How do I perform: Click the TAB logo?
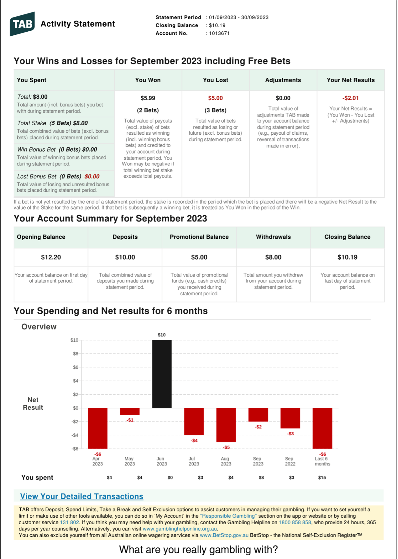click(22, 24)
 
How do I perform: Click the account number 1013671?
click(219, 33)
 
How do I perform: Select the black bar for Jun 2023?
click(162, 374)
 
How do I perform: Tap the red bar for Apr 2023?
click(98, 428)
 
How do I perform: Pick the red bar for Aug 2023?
click(226, 425)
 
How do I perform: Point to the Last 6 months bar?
click(322, 428)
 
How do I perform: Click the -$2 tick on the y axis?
click(75, 422)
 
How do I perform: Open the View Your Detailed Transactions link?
click(82, 496)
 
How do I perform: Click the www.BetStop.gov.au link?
click(224, 535)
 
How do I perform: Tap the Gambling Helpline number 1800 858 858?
click(295, 522)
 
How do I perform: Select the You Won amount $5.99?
click(148, 98)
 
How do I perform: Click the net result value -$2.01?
click(351, 98)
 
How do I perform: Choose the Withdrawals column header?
click(273, 237)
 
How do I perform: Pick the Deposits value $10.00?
click(125, 257)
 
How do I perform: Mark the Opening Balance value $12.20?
click(51, 257)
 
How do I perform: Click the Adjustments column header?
click(283, 80)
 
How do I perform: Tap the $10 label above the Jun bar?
click(162, 335)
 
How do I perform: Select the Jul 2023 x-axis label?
click(194, 461)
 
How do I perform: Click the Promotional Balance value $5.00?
click(199, 257)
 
